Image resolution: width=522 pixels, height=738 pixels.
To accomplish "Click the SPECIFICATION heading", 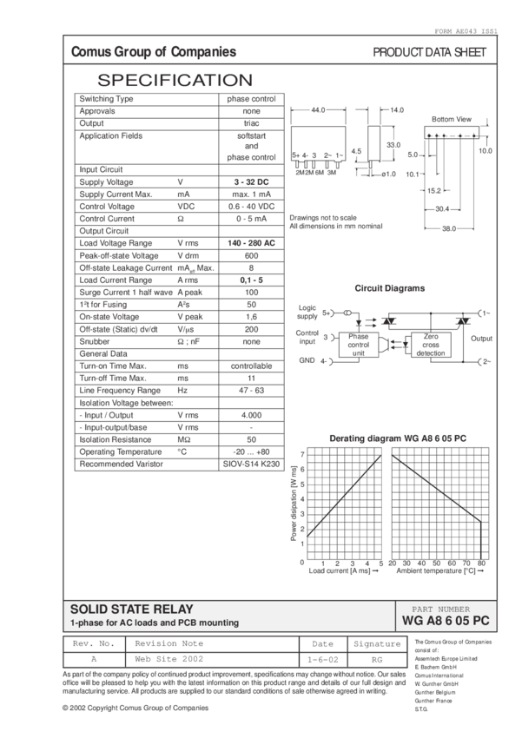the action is tap(175, 81).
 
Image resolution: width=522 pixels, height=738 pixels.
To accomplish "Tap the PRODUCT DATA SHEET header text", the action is tap(429, 53).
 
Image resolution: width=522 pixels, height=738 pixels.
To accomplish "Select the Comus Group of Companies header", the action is tap(154, 53).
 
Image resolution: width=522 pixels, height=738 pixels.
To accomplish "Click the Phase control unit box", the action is tap(359, 345).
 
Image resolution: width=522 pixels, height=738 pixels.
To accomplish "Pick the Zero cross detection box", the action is tap(430, 345).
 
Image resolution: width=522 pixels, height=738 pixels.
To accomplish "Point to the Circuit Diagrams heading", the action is tap(389, 288).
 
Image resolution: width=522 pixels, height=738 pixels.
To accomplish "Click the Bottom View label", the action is tap(450, 118).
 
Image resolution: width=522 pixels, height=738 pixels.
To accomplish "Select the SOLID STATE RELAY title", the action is tap(131, 610).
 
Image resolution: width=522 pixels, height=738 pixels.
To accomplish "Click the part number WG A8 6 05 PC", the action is tap(446, 622).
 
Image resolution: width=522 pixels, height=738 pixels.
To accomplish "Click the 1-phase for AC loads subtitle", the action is tap(155, 623).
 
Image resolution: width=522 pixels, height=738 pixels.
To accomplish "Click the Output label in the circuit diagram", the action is tap(483, 339).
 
